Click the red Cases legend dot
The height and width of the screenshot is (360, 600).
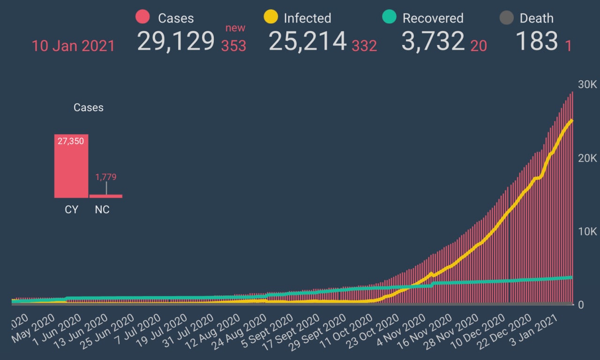(x=142, y=17)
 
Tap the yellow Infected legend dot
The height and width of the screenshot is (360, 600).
(x=271, y=17)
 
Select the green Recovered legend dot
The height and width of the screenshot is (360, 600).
(x=390, y=17)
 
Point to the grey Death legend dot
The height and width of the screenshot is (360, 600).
(x=506, y=18)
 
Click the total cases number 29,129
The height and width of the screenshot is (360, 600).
(x=176, y=41)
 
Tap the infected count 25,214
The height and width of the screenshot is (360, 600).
(x=307, y=41)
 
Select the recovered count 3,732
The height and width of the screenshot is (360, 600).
(x=433, y=41)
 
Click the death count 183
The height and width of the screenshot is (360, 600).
(x=537, y=41)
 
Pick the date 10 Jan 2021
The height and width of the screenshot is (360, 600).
(x=73, y=46)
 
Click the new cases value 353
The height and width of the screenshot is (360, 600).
(x=233, y=46)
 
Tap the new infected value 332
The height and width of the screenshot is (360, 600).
(x=364, y=46)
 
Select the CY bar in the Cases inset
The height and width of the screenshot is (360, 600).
(x=71, y=166)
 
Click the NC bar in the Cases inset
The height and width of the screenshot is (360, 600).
(x=105, y=196)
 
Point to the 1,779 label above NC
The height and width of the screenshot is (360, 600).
(x=105, y=177)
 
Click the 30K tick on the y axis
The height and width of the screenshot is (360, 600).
(x=587, y=85)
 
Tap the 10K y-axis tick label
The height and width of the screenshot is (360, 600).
(x=587, y=232)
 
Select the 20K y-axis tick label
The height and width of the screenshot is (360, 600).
(x=587, y=158)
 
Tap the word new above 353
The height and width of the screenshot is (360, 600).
(x=235, y=28)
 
